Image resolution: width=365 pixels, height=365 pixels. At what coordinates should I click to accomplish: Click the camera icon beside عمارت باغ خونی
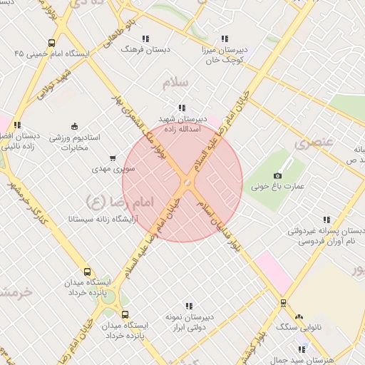[278, 175]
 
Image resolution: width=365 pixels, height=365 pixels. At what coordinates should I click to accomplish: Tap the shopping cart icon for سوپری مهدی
[112, 158]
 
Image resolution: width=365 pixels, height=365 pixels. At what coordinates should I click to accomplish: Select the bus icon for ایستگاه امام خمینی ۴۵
[51, 43]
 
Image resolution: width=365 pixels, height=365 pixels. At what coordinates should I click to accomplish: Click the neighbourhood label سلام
[175, 83]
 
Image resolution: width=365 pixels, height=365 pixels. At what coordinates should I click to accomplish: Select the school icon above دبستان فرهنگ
[145, 38]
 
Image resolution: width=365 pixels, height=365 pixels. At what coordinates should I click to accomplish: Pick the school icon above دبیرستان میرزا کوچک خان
[225, 38]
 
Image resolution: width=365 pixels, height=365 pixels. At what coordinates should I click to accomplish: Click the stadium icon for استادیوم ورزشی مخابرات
[75, 126]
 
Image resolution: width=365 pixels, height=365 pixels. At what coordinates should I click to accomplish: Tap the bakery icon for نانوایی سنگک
[299, 316]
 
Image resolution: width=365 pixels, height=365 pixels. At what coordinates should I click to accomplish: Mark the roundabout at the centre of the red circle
[187, 183]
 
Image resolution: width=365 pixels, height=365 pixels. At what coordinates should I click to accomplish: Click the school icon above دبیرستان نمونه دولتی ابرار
[189, 306]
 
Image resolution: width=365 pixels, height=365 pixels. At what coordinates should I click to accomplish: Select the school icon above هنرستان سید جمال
[302, 349]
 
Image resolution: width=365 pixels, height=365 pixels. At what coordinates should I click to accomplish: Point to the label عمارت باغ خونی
[278, 187]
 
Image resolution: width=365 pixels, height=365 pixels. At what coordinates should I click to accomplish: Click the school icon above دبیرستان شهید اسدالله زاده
[187, 108]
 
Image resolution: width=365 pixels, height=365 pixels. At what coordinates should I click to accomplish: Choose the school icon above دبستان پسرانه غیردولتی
[327, 220]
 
